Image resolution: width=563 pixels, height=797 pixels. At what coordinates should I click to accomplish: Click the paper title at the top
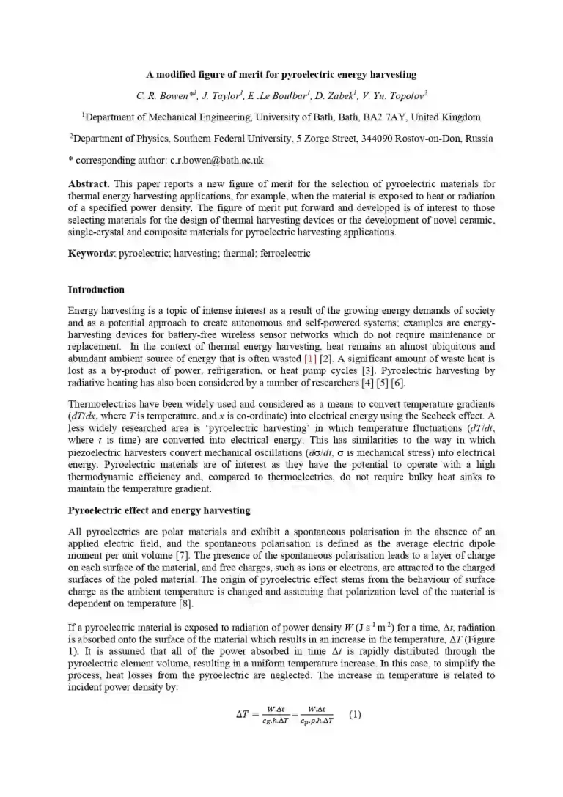pyautogui.click(x=281, y=74)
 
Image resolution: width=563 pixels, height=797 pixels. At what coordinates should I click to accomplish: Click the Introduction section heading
pyautogui.click(x=96, y=290)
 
